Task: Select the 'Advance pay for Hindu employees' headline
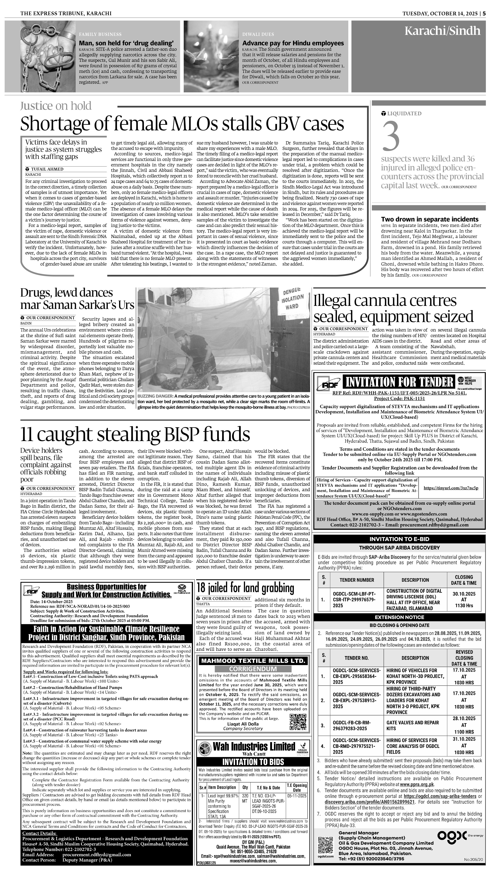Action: (293, 43)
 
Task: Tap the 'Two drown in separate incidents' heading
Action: (430, 219)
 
